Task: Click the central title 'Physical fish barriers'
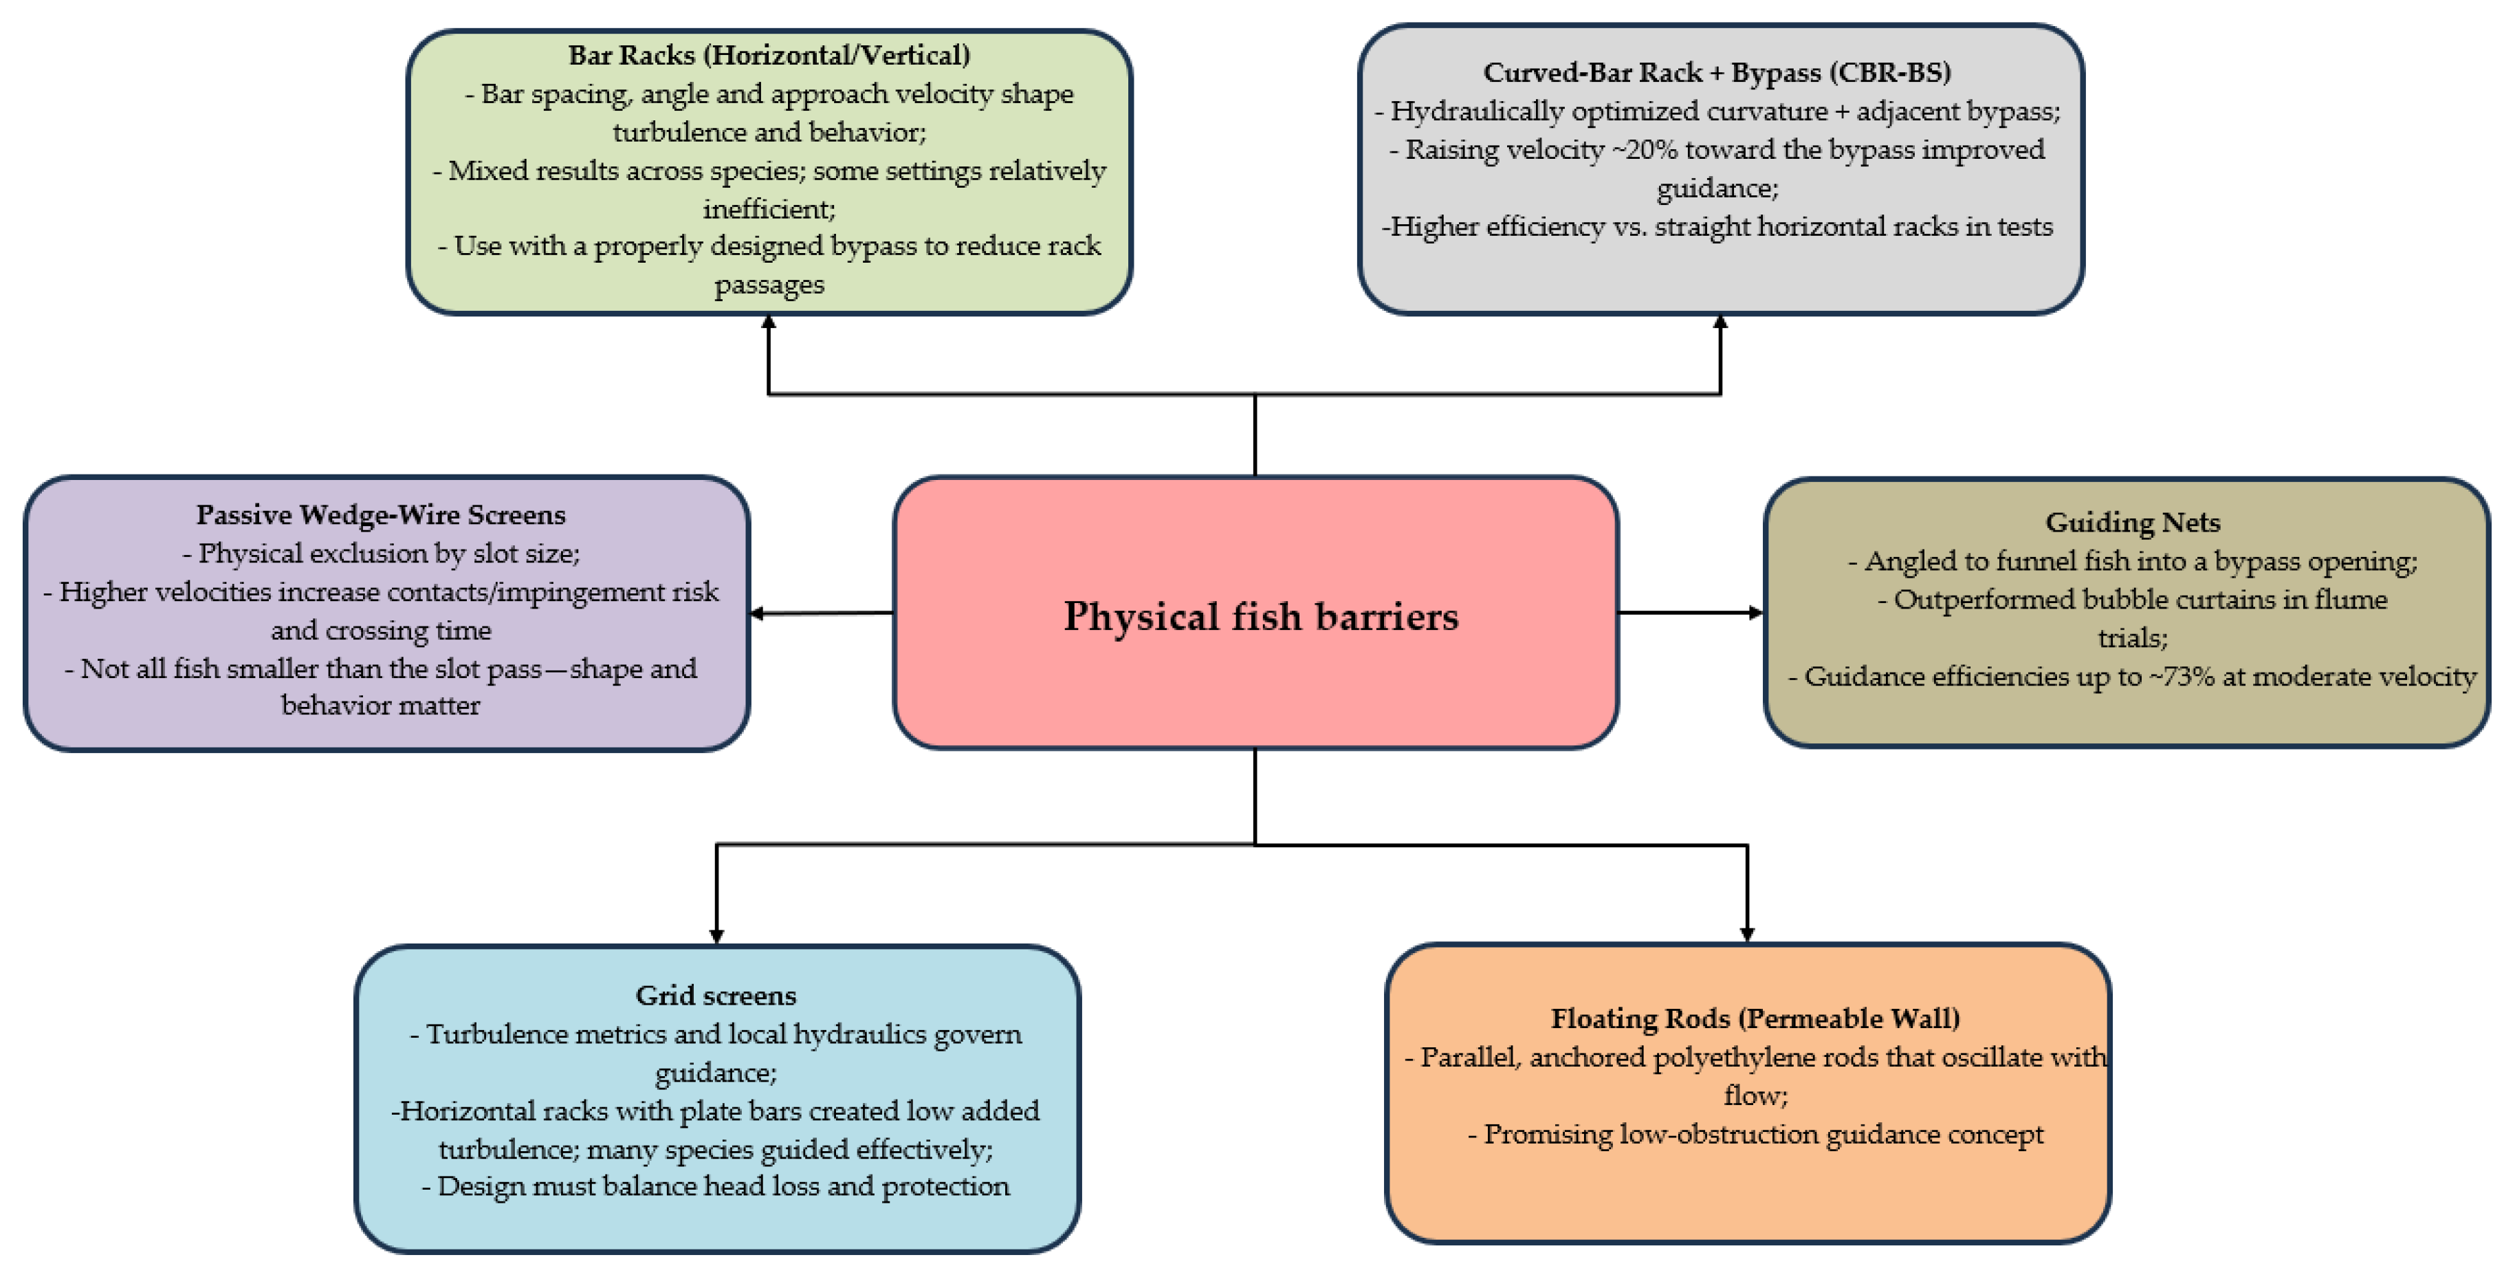(x=1260, y=616)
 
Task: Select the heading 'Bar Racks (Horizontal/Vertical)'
(x=769, y=55)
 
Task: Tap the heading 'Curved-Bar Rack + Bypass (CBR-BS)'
(x=1716, y=72)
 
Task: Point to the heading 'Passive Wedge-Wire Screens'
(x=381, y=514)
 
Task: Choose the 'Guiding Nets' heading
(x=2132, y=523)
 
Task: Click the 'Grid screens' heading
(x=716, y=995)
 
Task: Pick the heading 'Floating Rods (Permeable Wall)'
(x=1755, y=1018)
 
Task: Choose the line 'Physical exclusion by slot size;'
(x=381, y=554)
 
